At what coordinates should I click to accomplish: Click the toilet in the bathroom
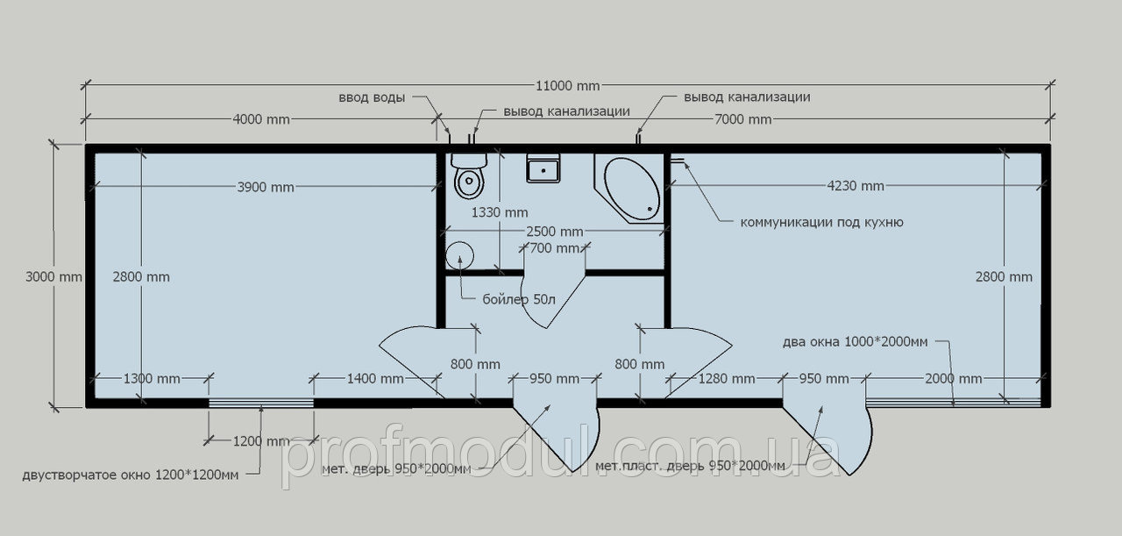469,175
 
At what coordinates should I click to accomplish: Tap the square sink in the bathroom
543,168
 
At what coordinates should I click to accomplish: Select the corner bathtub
629,189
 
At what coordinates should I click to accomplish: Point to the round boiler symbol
460,255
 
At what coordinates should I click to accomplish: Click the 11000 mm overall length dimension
567,86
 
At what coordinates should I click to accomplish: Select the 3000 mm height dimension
53,276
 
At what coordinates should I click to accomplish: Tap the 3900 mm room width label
266,187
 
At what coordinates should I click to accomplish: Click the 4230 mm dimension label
856,186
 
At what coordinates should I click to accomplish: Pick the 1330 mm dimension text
500,212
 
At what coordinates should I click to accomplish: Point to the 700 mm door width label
555,247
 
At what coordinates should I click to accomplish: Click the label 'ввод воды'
372,97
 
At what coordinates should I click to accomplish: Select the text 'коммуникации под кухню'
822,222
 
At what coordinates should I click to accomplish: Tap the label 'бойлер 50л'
519,299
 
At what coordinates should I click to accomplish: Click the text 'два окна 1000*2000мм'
855,342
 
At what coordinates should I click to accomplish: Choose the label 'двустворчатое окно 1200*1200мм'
131,475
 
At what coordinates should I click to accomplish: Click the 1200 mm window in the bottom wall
261,404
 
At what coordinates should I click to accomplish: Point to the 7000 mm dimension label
742,119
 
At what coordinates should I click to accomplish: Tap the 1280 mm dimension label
727,379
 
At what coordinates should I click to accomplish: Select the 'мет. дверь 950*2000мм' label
396,469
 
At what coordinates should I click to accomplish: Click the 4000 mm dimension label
261,119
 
